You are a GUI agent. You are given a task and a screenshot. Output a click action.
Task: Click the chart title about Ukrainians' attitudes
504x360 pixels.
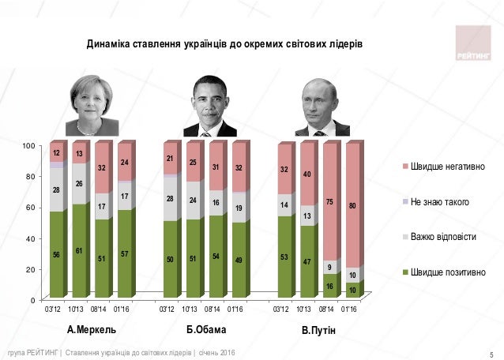click(224, 40)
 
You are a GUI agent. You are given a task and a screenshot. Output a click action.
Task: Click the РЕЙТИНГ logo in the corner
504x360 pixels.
click(472, 43)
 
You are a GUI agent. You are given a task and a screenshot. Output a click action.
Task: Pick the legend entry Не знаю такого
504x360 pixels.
click(438, 202)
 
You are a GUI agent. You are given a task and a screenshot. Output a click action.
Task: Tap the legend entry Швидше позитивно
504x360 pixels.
click(445, 272)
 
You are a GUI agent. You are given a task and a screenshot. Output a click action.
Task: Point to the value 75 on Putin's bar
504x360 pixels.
click(330, 203)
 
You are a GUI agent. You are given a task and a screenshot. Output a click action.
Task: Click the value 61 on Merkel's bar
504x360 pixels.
click(79, 250)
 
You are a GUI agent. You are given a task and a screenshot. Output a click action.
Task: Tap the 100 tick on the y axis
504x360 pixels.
click(28, 146)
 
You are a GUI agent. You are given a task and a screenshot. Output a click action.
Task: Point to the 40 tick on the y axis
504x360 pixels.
click(30, 238)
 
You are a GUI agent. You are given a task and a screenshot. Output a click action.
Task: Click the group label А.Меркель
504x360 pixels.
click(92, 328)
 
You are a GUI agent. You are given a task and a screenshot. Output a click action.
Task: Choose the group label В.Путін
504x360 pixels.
click(319, 329)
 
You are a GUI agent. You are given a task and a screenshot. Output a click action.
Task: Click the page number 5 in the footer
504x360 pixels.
click(491, 352)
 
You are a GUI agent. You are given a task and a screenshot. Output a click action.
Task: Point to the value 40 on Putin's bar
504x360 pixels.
click(308, 174)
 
